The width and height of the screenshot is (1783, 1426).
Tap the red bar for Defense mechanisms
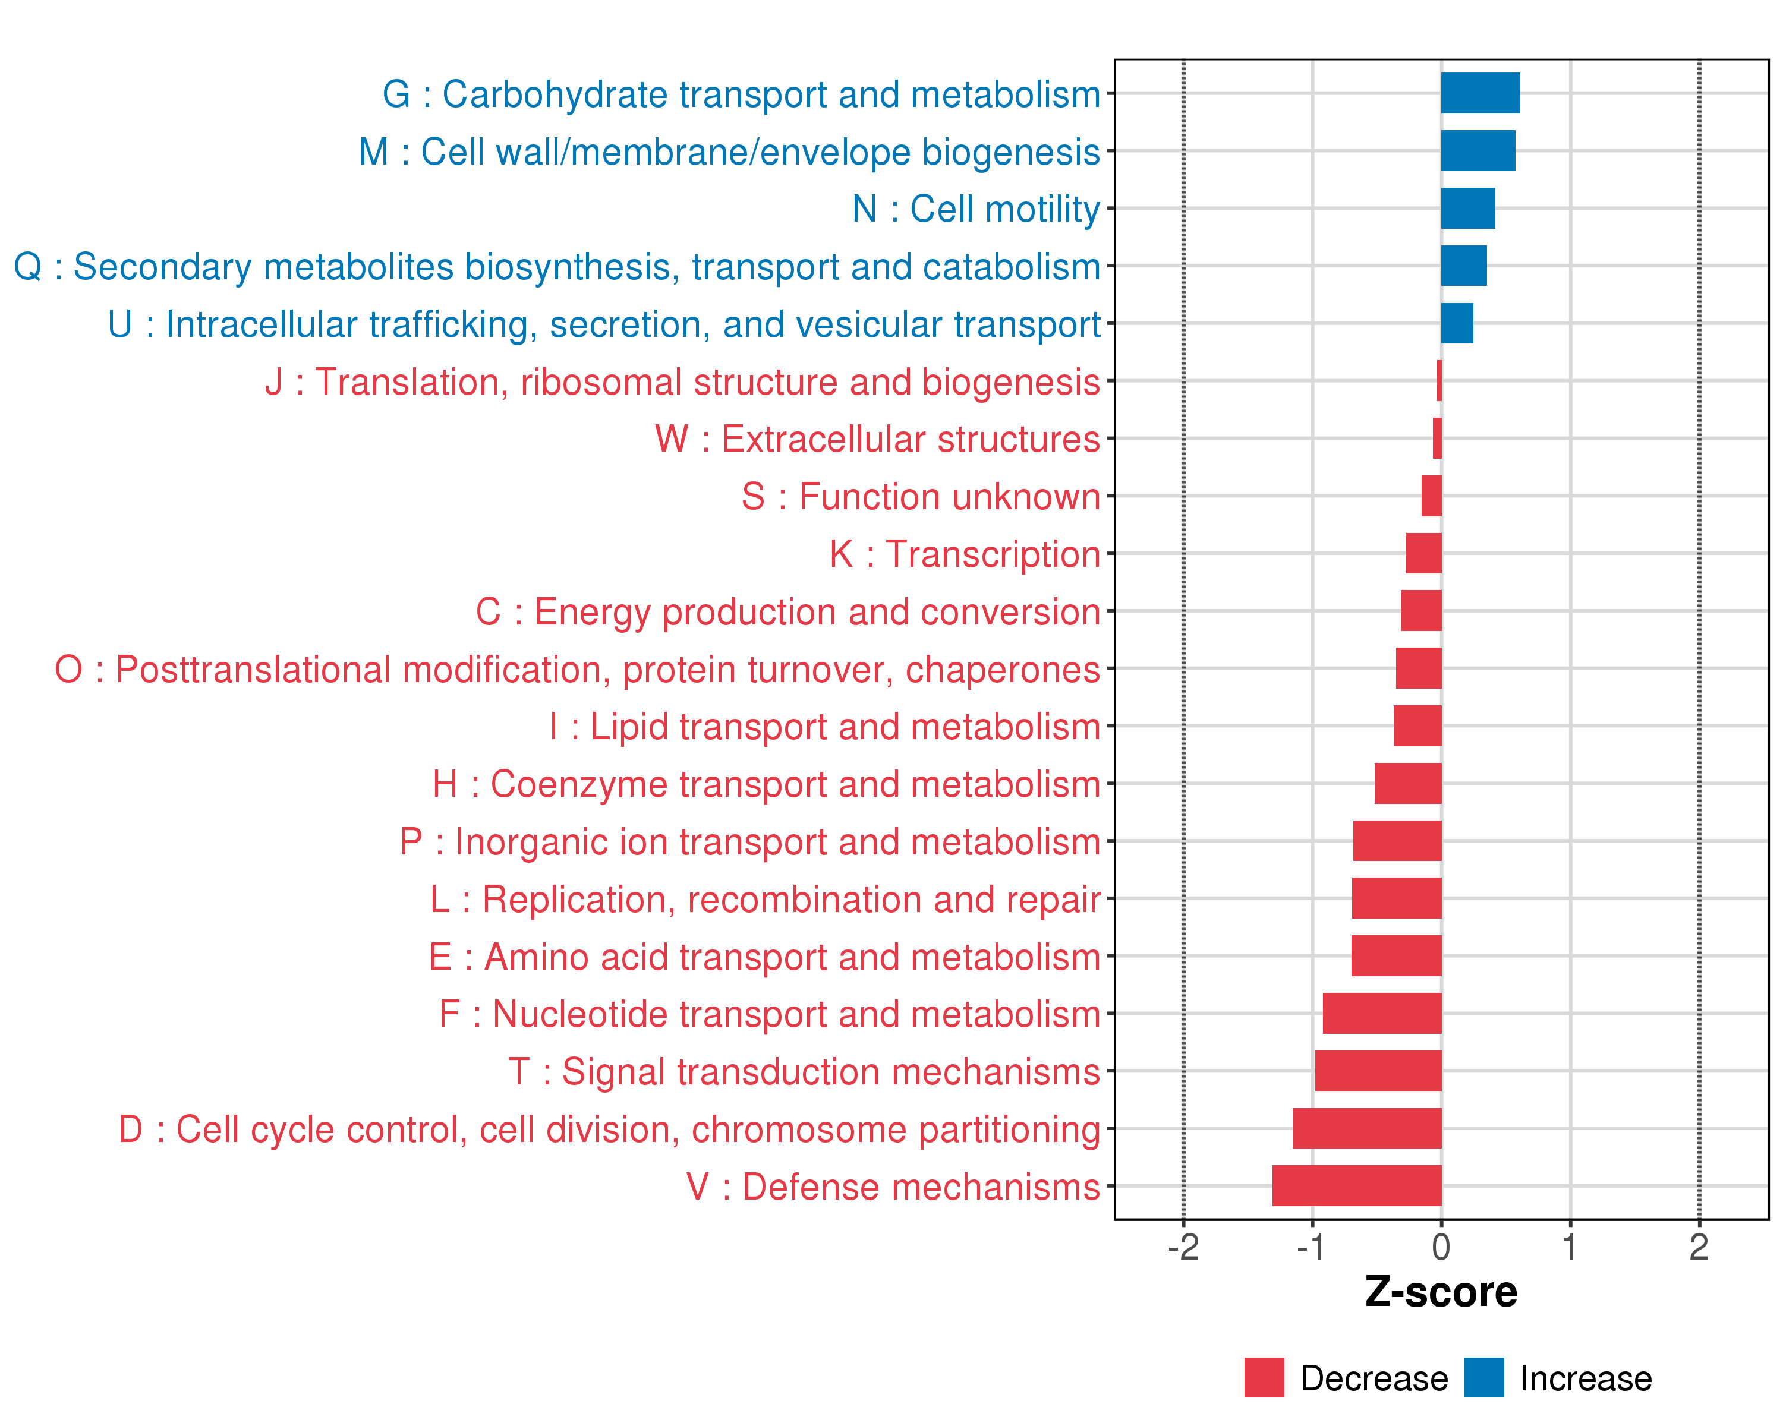point(1356,1185)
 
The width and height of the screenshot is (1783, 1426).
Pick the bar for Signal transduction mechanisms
point(1378,1071)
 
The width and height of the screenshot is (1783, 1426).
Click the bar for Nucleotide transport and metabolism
point(1382,1012)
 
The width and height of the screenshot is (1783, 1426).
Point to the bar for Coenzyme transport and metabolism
point(1407,783)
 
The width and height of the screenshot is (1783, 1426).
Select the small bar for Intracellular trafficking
point(1456,323)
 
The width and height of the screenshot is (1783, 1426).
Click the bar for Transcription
point(1423,553)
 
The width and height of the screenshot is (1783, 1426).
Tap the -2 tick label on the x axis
point(1183,1247)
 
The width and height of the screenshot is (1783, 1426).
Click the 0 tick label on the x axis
point(1441,1247)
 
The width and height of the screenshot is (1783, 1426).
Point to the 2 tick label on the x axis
point(1699,1247)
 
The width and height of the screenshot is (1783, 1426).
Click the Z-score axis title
point(1441,1292)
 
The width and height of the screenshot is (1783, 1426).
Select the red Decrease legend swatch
point(1264,1377)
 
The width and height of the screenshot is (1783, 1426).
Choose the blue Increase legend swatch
point(1483,1377)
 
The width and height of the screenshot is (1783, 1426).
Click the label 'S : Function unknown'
point(921,497)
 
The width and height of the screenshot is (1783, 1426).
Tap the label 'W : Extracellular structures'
point(877,439)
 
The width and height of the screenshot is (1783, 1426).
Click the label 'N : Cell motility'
point(976,209)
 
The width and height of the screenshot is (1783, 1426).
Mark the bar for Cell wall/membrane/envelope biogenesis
point(1478,150)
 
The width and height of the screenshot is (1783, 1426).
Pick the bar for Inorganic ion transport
point(1397,841)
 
